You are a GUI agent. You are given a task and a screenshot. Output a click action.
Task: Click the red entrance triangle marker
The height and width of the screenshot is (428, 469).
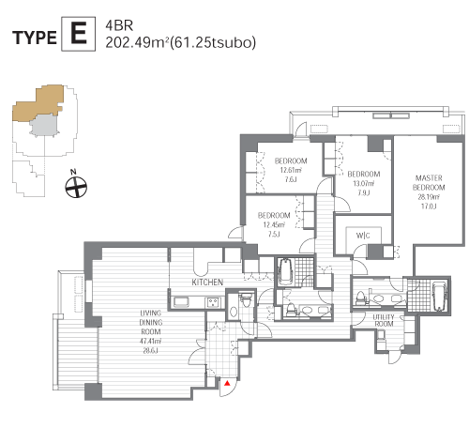click(227, 383)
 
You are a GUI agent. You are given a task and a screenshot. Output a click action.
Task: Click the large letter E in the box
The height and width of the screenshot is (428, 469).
click(78, 34)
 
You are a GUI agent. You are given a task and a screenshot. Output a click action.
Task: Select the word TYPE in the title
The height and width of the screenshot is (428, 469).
click(35, 38)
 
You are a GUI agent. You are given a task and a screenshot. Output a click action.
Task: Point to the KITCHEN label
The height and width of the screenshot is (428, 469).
click(207, 283)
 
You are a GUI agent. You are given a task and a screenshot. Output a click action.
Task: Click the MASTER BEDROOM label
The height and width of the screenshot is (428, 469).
click(429, 183)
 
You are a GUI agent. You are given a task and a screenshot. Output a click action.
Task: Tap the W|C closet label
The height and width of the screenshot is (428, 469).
click(363, 236)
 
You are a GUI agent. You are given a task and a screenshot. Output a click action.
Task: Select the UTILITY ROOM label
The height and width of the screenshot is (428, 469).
click(384, 321)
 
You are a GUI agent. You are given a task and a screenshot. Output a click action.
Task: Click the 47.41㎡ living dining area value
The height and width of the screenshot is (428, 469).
click(150, 342)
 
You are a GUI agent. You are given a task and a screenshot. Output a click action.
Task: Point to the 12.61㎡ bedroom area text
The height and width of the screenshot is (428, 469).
click(291, 170)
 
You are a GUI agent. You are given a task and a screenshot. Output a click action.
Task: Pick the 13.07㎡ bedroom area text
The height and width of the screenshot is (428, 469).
click(364, 183)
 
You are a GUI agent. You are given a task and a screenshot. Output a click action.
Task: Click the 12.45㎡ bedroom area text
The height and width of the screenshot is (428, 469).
click(274, 224)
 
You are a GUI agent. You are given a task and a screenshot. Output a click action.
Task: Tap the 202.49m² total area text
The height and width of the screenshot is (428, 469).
click(138, 42)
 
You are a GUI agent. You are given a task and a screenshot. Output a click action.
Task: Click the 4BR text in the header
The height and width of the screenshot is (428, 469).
click(119, 25)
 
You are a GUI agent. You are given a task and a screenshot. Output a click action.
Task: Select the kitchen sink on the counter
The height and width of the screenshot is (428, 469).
click(181, 302)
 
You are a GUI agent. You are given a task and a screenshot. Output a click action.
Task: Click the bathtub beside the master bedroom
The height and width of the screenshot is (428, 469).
click(438, 296)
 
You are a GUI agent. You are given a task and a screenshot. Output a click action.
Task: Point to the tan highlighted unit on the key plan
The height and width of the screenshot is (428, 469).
click(38, 102)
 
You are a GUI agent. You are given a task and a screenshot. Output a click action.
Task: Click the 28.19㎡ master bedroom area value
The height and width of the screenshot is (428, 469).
click(429, 197)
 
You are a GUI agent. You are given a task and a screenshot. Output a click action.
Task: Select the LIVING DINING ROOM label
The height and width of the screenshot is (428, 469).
click(151, 322)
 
